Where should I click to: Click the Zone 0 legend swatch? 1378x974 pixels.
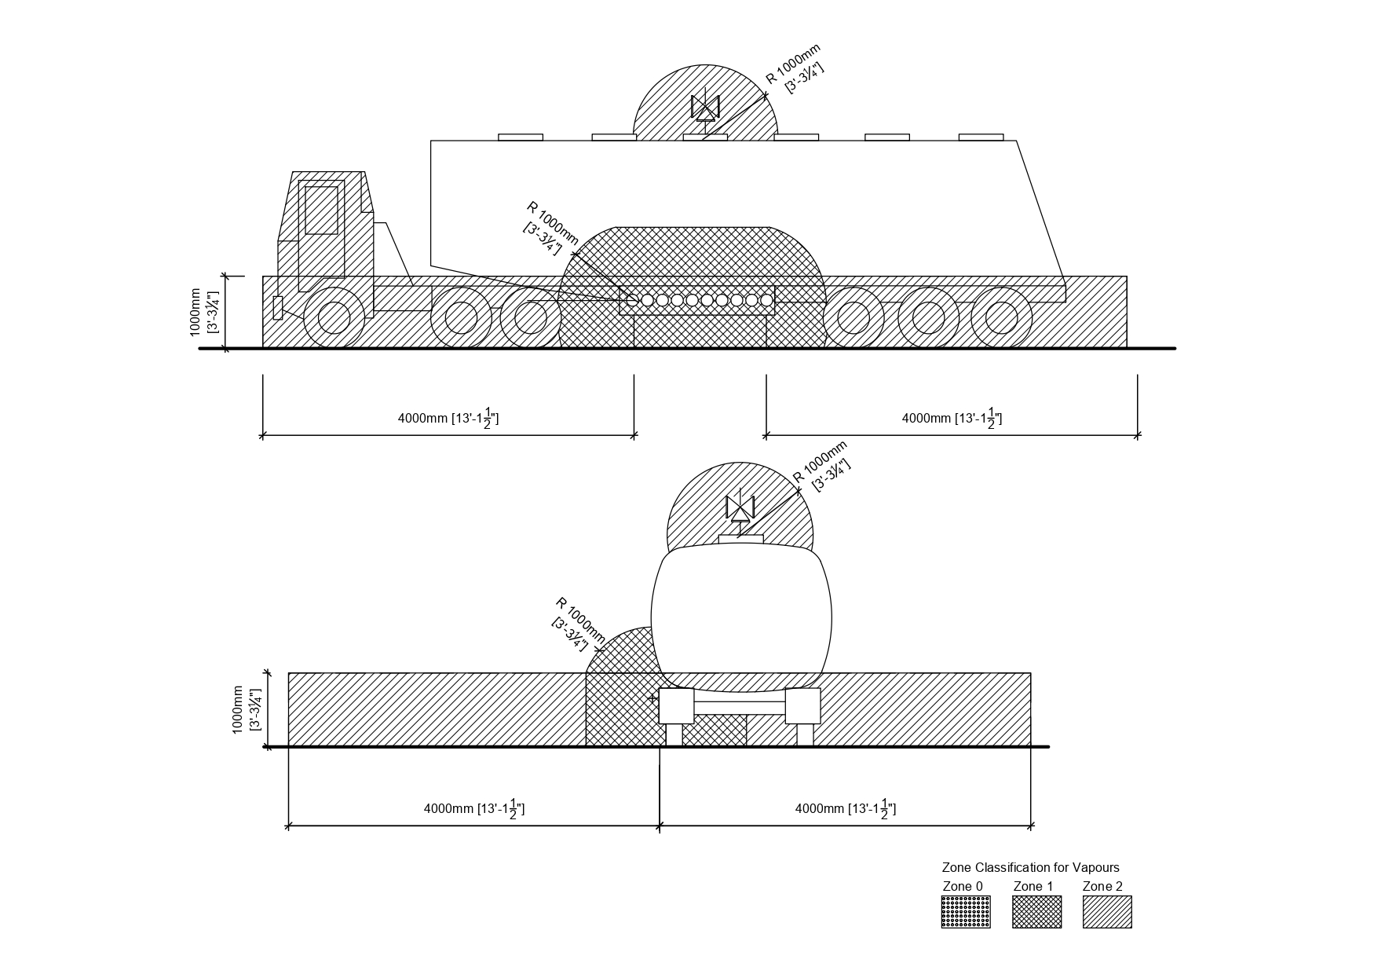(965, 912)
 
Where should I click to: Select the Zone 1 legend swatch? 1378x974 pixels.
(1036, 912)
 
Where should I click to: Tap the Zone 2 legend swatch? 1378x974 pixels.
(1107, 912)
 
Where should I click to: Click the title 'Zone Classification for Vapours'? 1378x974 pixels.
(1030, 867)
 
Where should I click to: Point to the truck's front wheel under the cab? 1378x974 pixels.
(334, 317)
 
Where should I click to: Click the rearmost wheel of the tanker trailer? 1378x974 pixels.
(1001, 317)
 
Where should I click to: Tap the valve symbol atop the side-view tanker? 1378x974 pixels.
(705, 108)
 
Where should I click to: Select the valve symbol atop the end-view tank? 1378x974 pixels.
(740, 508)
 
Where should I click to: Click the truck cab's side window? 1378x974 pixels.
(321, 210)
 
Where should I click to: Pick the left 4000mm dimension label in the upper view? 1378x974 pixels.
(448, 418)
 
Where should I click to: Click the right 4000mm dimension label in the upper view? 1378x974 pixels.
(952, 418)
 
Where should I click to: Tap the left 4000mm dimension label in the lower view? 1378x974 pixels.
(473, 808)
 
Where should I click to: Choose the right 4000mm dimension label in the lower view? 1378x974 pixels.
(845, 808)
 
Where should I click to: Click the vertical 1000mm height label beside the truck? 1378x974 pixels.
(203, 312)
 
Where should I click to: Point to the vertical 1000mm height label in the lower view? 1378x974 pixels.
(245, 709)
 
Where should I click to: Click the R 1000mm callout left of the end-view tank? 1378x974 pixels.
(579, 624)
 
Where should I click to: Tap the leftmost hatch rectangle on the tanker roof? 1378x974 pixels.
(521, 137)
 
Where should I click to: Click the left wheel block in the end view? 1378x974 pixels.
(676, 705)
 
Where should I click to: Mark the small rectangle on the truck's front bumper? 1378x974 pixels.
(277, 307)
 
